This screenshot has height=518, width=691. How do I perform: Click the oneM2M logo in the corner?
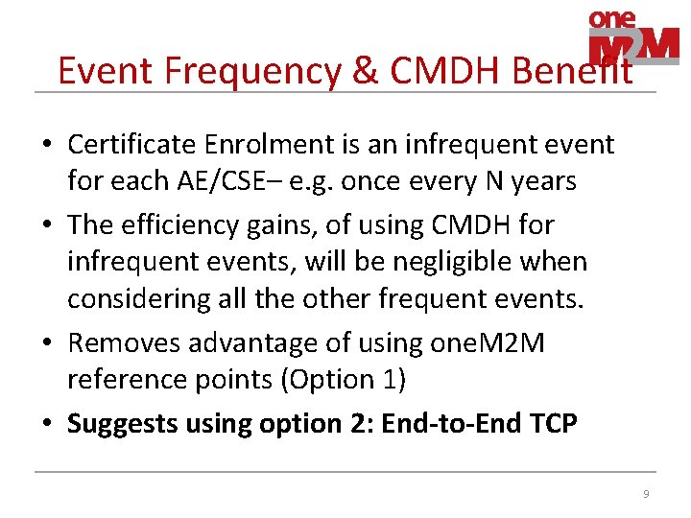pyautogui.click(x=633, y=37)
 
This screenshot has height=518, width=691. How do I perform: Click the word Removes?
pyautogui.click(x=118, y=343)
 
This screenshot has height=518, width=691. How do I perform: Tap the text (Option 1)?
pyautogui.click(x=342, y=380)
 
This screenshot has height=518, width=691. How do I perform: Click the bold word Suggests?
pyautogui.click(x=113, y=424)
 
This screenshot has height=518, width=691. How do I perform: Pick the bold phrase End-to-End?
pyautogui.click(x=451, y=424)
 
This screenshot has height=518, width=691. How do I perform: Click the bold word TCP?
pyautogui.click(x=554, y=424)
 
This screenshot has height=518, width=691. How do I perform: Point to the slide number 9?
pyautogui.click(x=646, y=494)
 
